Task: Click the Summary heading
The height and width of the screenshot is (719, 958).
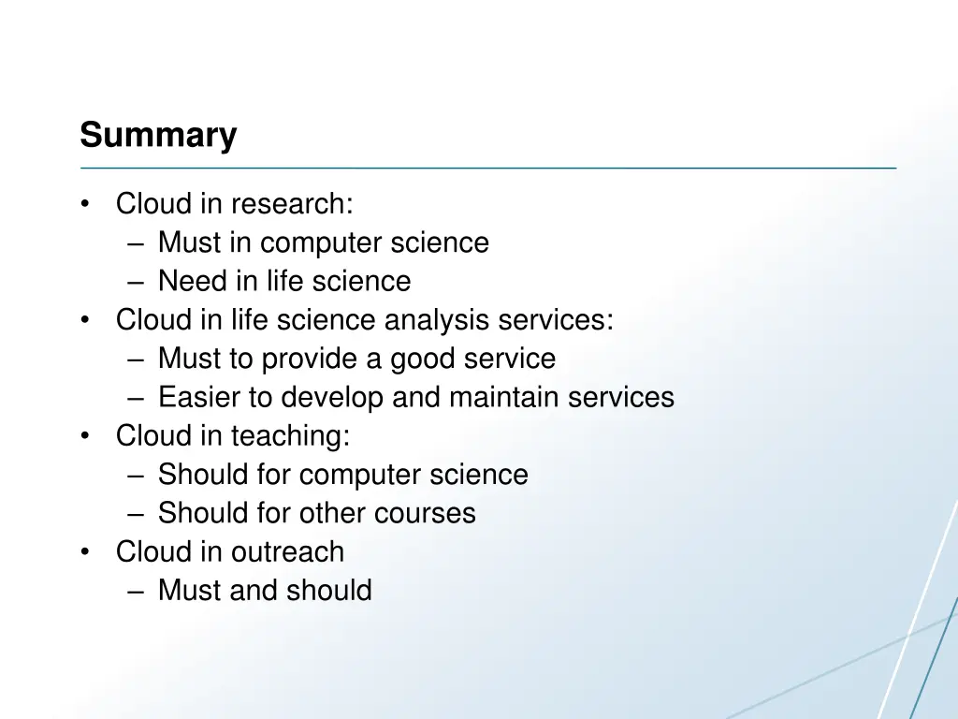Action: pyautogui.click(x=158, y=135)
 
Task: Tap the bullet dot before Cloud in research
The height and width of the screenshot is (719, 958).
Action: pyautogui.click(x=86, y=204)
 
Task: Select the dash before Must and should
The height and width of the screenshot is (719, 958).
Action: pyautogui.click(x=138, y=592)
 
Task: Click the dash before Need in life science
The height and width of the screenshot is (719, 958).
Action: pyautogui.click(x=138, y=282)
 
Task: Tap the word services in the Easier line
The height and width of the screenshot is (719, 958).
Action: pyautogui.click(x=623, y=397)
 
